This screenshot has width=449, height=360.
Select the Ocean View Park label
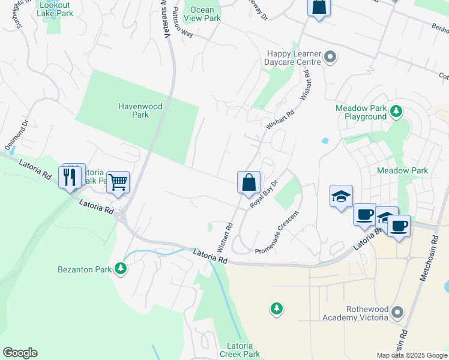coord(205,14)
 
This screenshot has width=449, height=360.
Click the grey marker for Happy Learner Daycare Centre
coord(330,58)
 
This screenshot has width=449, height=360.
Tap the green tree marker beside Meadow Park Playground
coord(396,111)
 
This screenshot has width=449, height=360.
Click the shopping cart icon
coord(118,181)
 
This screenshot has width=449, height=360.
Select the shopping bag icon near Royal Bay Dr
coord(249,182)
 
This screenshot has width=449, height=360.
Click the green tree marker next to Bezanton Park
coord(121,269)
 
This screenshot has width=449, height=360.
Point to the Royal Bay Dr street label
coord(264,193)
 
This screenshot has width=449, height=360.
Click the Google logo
coord(20,352)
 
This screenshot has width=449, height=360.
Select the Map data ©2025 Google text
coord(411,355)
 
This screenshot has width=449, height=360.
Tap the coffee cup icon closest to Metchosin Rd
coord(399,226)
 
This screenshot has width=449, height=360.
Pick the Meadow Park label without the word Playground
coord(402,170)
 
